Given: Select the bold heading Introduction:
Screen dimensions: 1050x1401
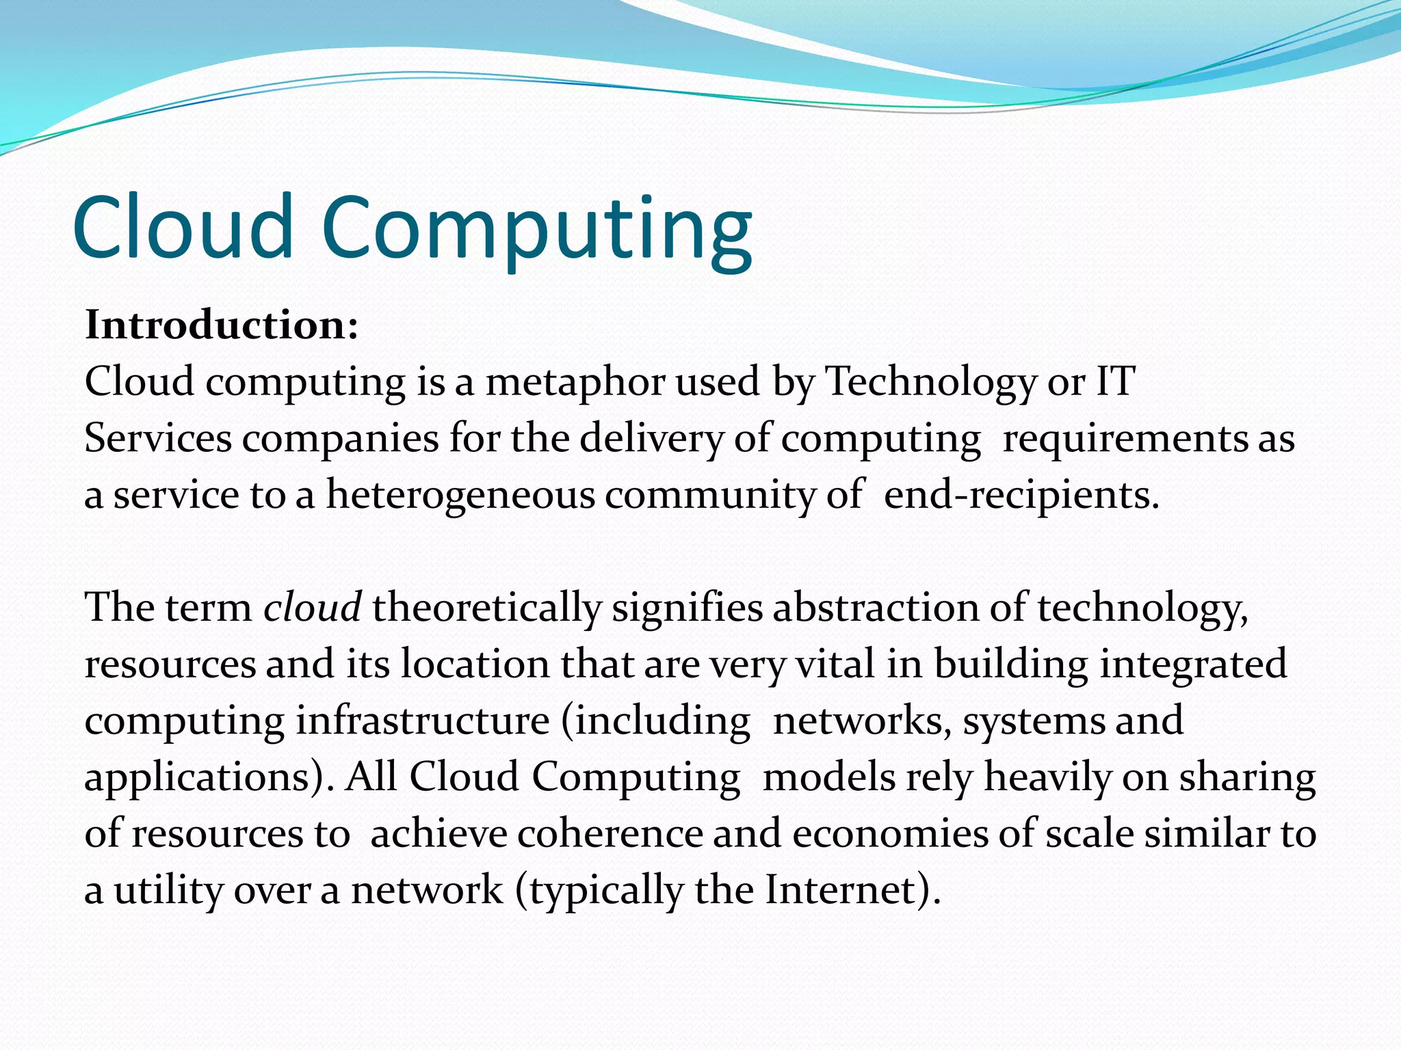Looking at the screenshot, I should (221, 325).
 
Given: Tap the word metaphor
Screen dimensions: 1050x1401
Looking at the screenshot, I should (575, 383).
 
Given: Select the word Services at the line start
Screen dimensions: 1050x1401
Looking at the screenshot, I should (158, 439).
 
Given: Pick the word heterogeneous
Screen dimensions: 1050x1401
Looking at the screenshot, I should (460, 496).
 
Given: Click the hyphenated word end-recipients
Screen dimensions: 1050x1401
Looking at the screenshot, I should (1021, 496).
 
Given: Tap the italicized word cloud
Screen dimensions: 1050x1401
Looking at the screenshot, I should (312, 608).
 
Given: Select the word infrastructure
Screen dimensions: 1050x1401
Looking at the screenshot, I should (422, 721).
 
